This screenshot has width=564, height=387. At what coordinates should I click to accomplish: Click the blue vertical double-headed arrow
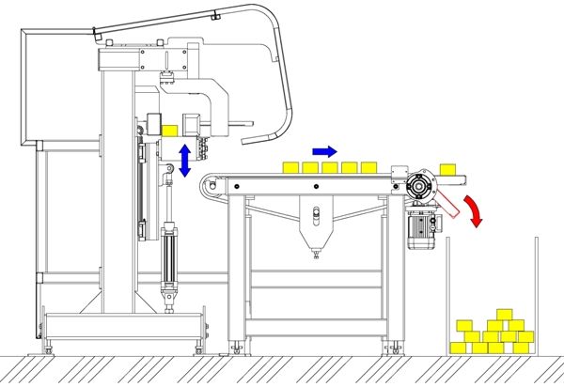pyautogui.click(x=185, y=159)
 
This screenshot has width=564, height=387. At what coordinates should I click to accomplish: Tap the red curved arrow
pyautogui.click(x=478, y=209)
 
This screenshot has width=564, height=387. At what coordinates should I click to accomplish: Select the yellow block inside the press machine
pyautogui.click(x=170, y=131)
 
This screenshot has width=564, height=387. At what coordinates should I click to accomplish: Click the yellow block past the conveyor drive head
pyautogui.click(x=447, y=168)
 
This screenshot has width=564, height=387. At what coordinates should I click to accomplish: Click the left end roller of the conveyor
pyautogui.click(x=216, y=189)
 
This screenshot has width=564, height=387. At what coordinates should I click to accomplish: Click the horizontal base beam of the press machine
pyautogui.click(x=122, y=328)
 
